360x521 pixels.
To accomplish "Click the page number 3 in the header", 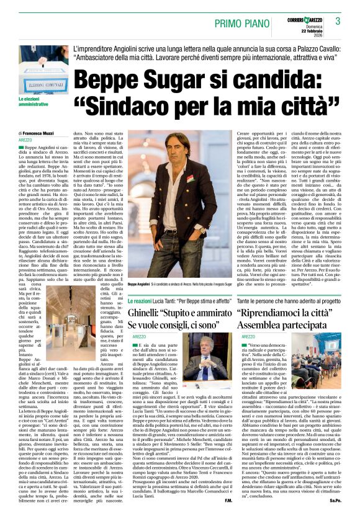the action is tap(338, 21).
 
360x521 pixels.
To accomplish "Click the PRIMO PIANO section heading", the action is tap(243, 24).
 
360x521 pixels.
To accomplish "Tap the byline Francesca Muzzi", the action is tap(38, 133).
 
